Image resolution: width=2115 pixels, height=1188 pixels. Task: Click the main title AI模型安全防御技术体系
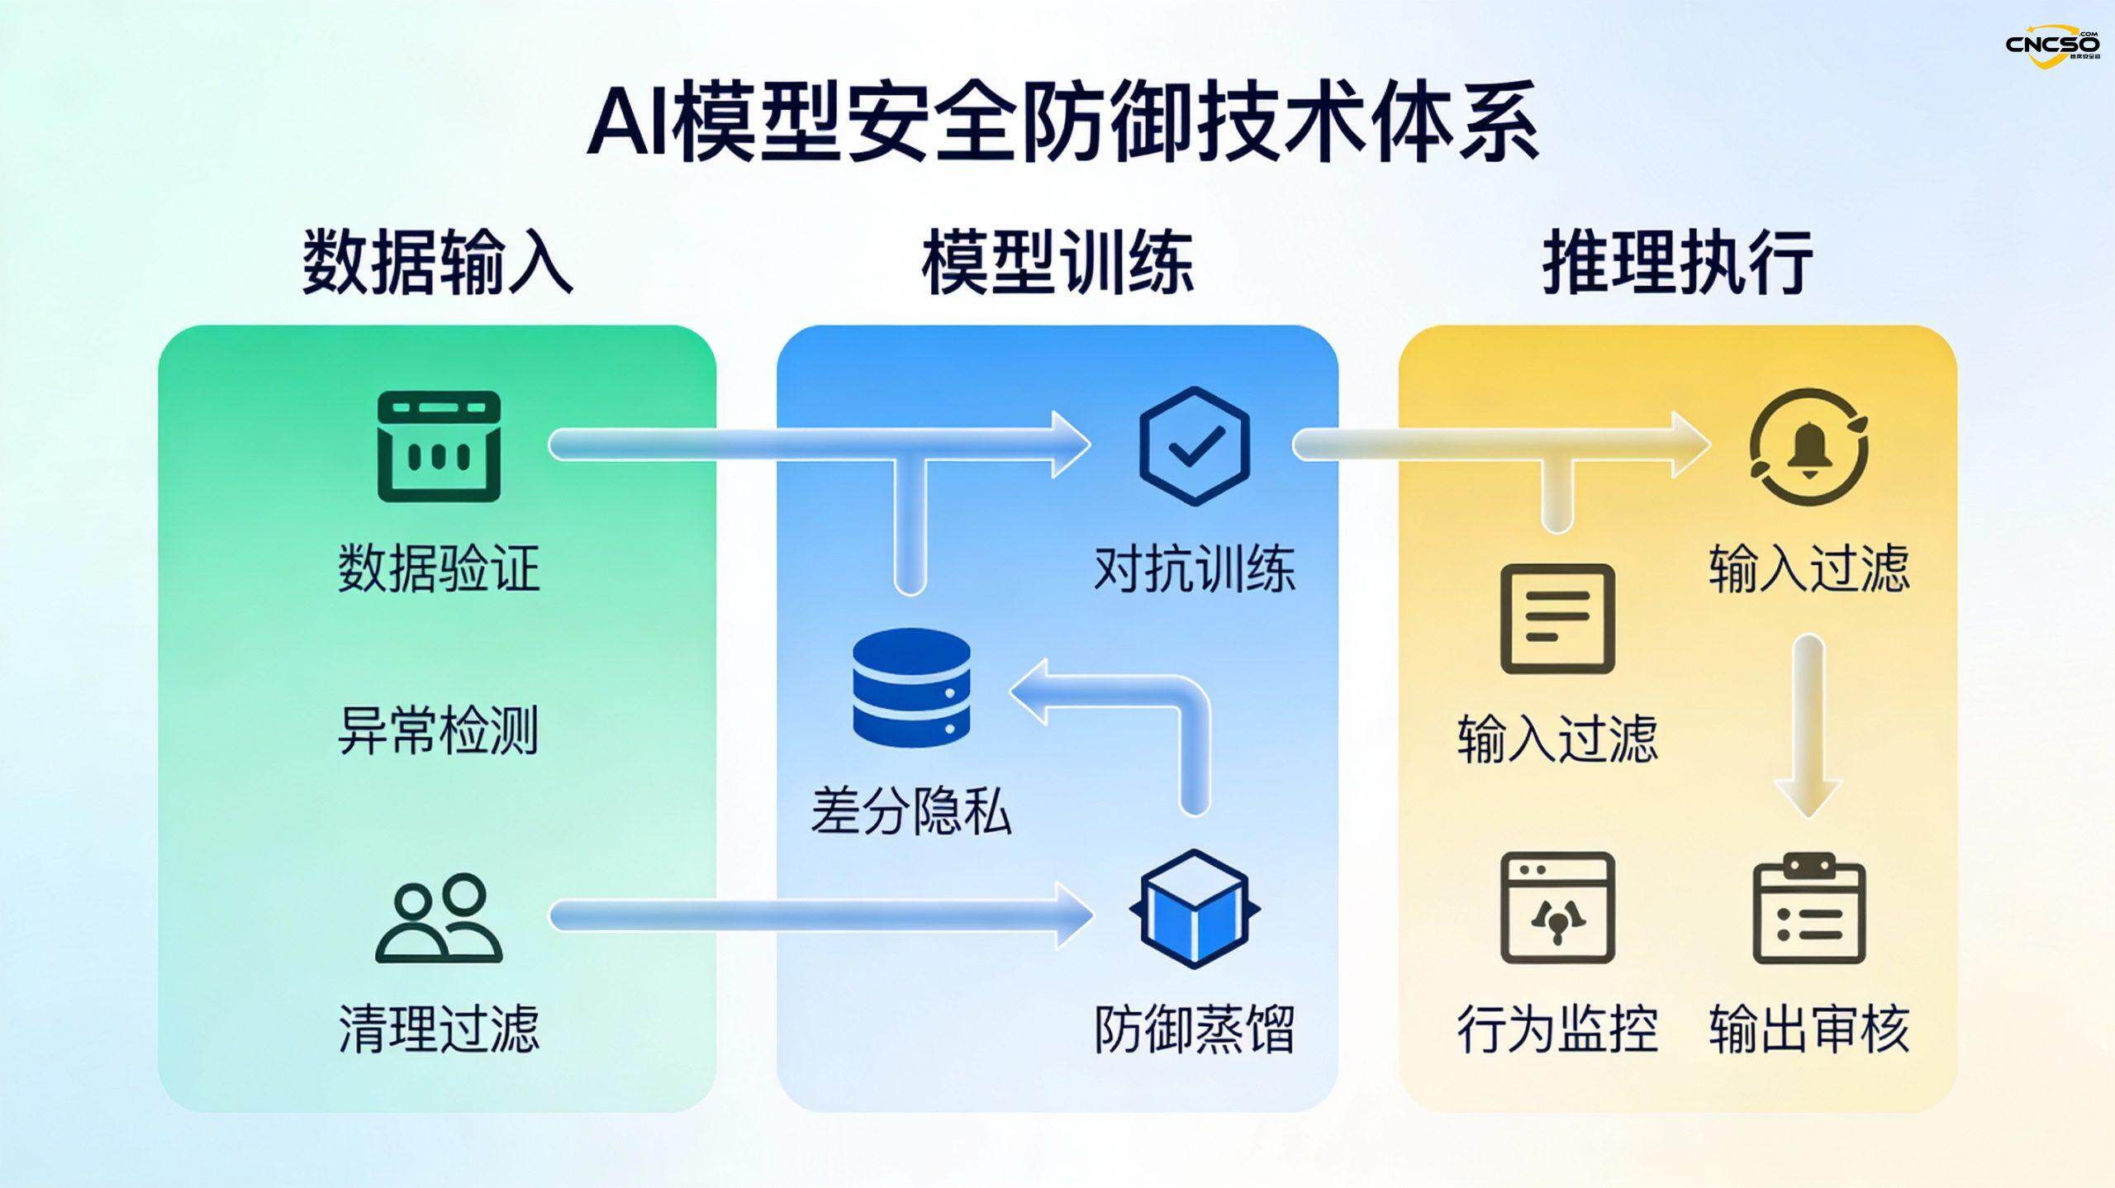click(x=1062, y=121)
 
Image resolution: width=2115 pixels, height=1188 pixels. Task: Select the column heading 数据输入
click(x=437, y=262)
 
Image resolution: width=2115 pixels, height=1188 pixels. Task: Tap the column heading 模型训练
click(x=1057, y=262)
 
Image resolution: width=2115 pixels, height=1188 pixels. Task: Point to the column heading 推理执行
click(x=1677, y=262)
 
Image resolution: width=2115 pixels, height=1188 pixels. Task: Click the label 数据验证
click(x=439, y=568)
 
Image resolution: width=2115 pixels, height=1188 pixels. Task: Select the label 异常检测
click(x=439, y=730)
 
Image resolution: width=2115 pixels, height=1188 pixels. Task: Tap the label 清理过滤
click(x=439, y=1029)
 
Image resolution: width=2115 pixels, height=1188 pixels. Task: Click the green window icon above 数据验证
click(x=439, y=446)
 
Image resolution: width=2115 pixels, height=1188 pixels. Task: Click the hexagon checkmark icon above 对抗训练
click(x=1194, y=446)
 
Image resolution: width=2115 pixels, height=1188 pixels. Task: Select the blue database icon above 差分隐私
click(x=911, y=686)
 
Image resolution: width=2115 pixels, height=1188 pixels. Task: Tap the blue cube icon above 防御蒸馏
click(x=1194, y=909)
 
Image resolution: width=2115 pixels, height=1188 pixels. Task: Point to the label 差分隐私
click(x=911, y=812)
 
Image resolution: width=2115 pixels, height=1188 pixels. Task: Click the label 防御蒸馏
click(x=1194, y=1029)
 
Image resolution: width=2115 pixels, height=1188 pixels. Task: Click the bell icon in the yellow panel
click(x=1809, y=446)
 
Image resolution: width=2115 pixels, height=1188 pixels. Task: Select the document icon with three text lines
click(x=1557, y=619)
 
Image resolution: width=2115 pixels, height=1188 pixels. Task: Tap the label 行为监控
click(x=1557, y=1029)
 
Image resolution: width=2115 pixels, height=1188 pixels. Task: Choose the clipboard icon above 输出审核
click(x=1809, y=909)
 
